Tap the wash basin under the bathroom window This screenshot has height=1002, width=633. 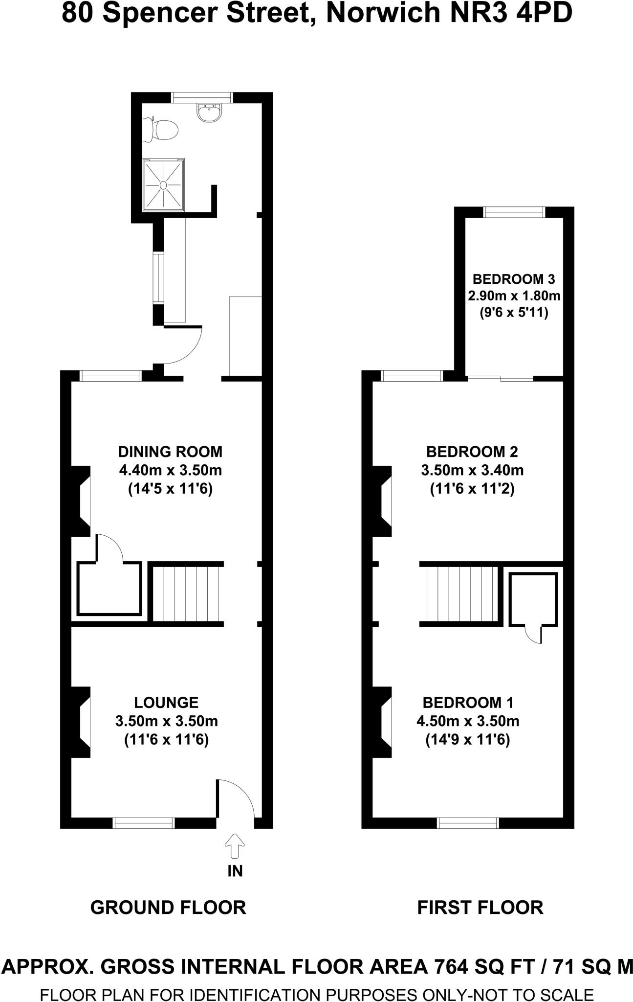coord(210,112)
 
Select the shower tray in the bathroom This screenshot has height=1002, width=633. coord(163,185)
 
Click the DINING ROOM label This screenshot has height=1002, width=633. coord(170,451)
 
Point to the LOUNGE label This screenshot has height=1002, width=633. coord(166,703)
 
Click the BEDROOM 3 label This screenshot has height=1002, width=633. coord(513,279)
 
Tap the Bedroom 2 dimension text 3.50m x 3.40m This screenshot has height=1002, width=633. coord(472,470)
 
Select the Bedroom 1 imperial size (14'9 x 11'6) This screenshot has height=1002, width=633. coord(468,740)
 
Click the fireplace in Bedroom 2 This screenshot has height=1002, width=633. coord(383,501)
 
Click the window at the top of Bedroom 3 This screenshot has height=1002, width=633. coord(514,212)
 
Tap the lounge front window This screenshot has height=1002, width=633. coord(143,823)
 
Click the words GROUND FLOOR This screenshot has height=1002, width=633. coord(168,908)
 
